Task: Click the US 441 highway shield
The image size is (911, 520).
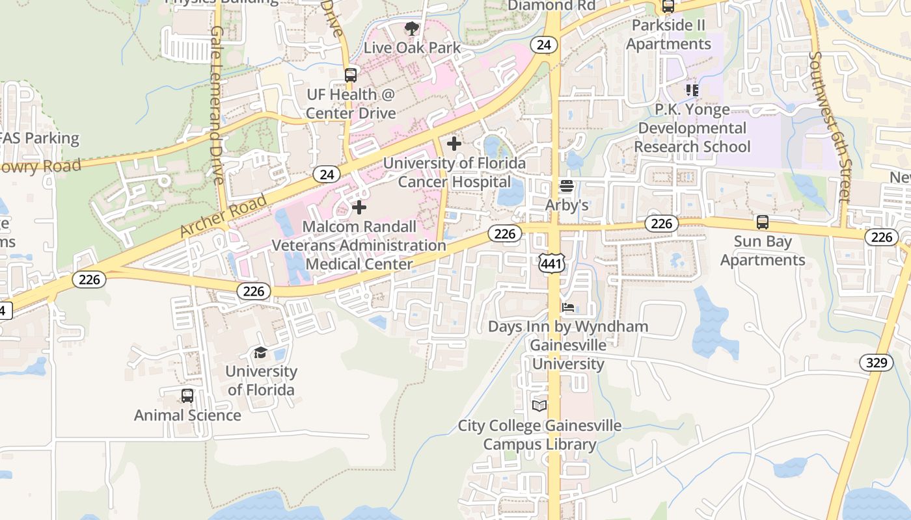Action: tap(550, 263)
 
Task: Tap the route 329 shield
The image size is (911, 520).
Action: tap(877, 362)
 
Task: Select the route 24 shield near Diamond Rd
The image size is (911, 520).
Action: tap(544, 45)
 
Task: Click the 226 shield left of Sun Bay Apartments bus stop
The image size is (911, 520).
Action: tap(661, 224)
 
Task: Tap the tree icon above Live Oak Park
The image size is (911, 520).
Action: tap(411, 29)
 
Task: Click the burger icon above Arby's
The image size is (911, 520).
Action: tap(567, 187)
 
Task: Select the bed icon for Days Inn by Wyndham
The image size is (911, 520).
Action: tap(568, 307)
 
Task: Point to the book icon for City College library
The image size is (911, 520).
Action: tap(539, 406)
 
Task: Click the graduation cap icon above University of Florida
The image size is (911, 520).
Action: tap(260, 353)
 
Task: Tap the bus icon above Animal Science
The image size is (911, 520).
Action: tap(187, 396)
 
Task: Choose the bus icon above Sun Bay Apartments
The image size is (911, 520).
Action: tap(763, 222)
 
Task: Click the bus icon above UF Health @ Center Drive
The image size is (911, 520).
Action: tap(351, 75)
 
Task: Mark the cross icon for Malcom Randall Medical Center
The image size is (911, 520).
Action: tap(359, 208)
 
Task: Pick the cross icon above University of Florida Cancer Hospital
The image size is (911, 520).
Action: tap(454, 144)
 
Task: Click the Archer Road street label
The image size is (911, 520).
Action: tap(223, 215)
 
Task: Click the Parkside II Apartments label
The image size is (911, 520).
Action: tap(668, 34)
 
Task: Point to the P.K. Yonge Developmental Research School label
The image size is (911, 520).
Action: tap(692, 128)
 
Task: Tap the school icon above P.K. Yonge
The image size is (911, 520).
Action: tap(692, 90)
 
